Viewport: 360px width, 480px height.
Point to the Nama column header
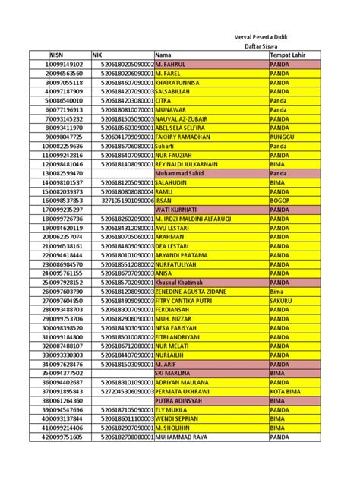pos(163,55)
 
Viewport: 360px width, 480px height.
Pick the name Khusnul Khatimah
pos(183,281)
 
